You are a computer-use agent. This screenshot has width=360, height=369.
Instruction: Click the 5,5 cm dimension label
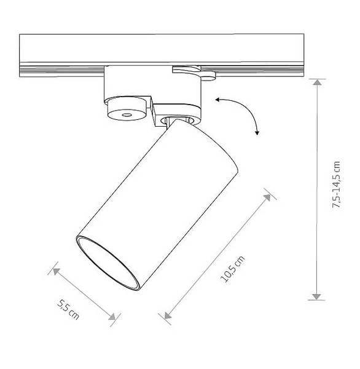click(x=68, y=309)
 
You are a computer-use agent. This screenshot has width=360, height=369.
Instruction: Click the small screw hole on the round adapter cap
click(x=127, y=115)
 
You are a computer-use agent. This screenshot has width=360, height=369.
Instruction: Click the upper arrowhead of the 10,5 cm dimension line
click(x=268, y=197)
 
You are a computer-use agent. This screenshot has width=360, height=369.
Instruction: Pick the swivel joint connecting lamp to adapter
click(x=181, y=121)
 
